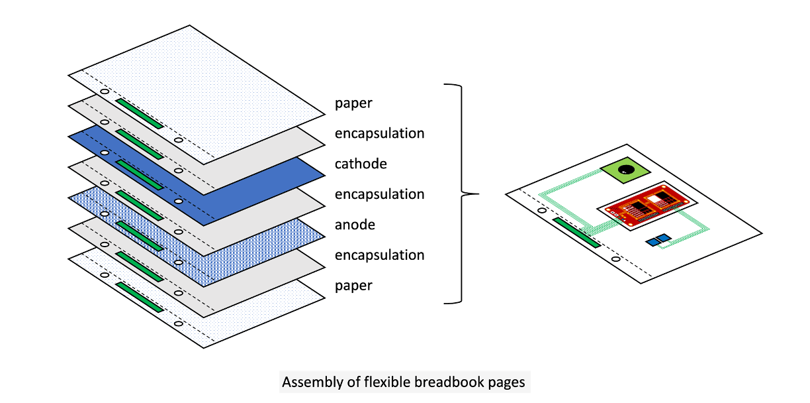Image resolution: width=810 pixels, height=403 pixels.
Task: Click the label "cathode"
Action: pyautogui.click(x=361, y=164)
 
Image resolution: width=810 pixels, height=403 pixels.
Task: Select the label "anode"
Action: pyautogui.click(x=355, y=225)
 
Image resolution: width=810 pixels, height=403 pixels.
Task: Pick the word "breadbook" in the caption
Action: pyautogui.click(x=447, y=382)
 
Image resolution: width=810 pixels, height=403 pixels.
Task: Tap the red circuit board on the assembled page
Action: pyautogui.click(x=645, y=207)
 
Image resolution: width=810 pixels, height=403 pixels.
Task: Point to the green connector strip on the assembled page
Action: pyautogui.click(x=576, y=232)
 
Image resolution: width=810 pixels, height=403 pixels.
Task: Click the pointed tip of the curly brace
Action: pyautogui.click(x=478, y=194)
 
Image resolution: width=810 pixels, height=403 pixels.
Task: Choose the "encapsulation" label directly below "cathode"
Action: pyautogui.click(x=379, y=194)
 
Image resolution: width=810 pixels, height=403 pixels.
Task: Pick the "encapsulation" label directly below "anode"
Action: pyautogui.click(x=379, y=255)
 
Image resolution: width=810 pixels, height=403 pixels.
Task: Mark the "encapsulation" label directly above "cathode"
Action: pyautogui.click(x=379, y=133)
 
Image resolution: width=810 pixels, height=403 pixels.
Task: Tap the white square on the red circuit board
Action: pyautogui.click(x=655, y=198)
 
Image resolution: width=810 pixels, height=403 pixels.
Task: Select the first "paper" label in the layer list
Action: pyautogui.click(x=353, y=103)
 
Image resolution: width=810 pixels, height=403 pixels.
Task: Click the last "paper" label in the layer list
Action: pyautogui.click(x=353, y=286)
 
